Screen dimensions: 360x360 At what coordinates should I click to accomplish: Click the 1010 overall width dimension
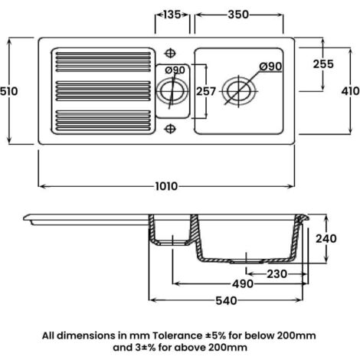point(166,186)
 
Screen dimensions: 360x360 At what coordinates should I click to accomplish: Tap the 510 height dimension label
point(9,91)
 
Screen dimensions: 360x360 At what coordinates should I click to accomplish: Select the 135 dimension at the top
point(172,15)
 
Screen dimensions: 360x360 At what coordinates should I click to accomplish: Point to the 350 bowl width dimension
point(238,15)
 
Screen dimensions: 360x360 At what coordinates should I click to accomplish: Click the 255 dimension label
point(323,64)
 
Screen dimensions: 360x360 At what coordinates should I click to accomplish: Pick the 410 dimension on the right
point(350,91)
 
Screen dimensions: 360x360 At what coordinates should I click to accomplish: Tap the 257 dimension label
point(206,91)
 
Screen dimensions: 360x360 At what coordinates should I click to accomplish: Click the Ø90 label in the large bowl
point(270,67)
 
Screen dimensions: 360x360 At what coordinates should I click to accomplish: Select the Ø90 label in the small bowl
point(175,70)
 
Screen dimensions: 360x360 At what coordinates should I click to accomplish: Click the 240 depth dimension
point(326,239)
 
